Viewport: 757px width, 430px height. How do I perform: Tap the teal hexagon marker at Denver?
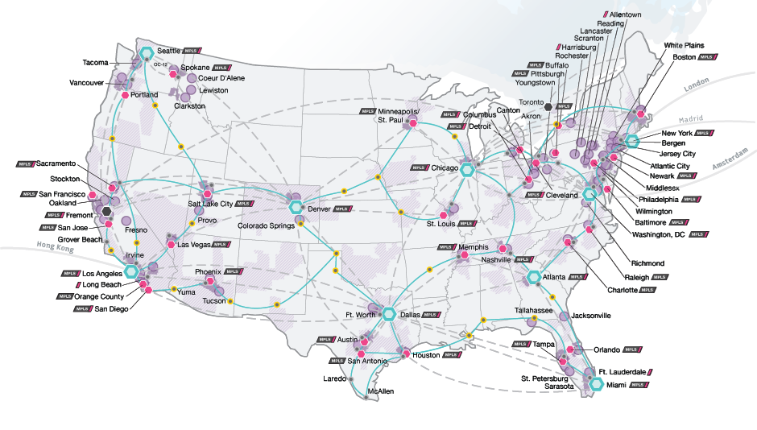tap(296, 209)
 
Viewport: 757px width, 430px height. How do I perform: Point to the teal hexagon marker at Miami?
tap(596, 384)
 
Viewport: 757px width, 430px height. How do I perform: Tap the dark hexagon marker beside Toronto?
tap(548, 105)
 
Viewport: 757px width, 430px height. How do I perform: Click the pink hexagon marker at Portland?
tap(125, 95)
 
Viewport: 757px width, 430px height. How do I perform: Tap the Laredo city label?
tap(334, 378)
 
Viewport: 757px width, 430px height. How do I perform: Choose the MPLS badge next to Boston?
tap(706, 58)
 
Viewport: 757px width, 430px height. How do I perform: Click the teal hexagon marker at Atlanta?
tap(533, 277)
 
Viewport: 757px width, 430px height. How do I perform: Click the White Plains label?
tap(683, 46)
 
